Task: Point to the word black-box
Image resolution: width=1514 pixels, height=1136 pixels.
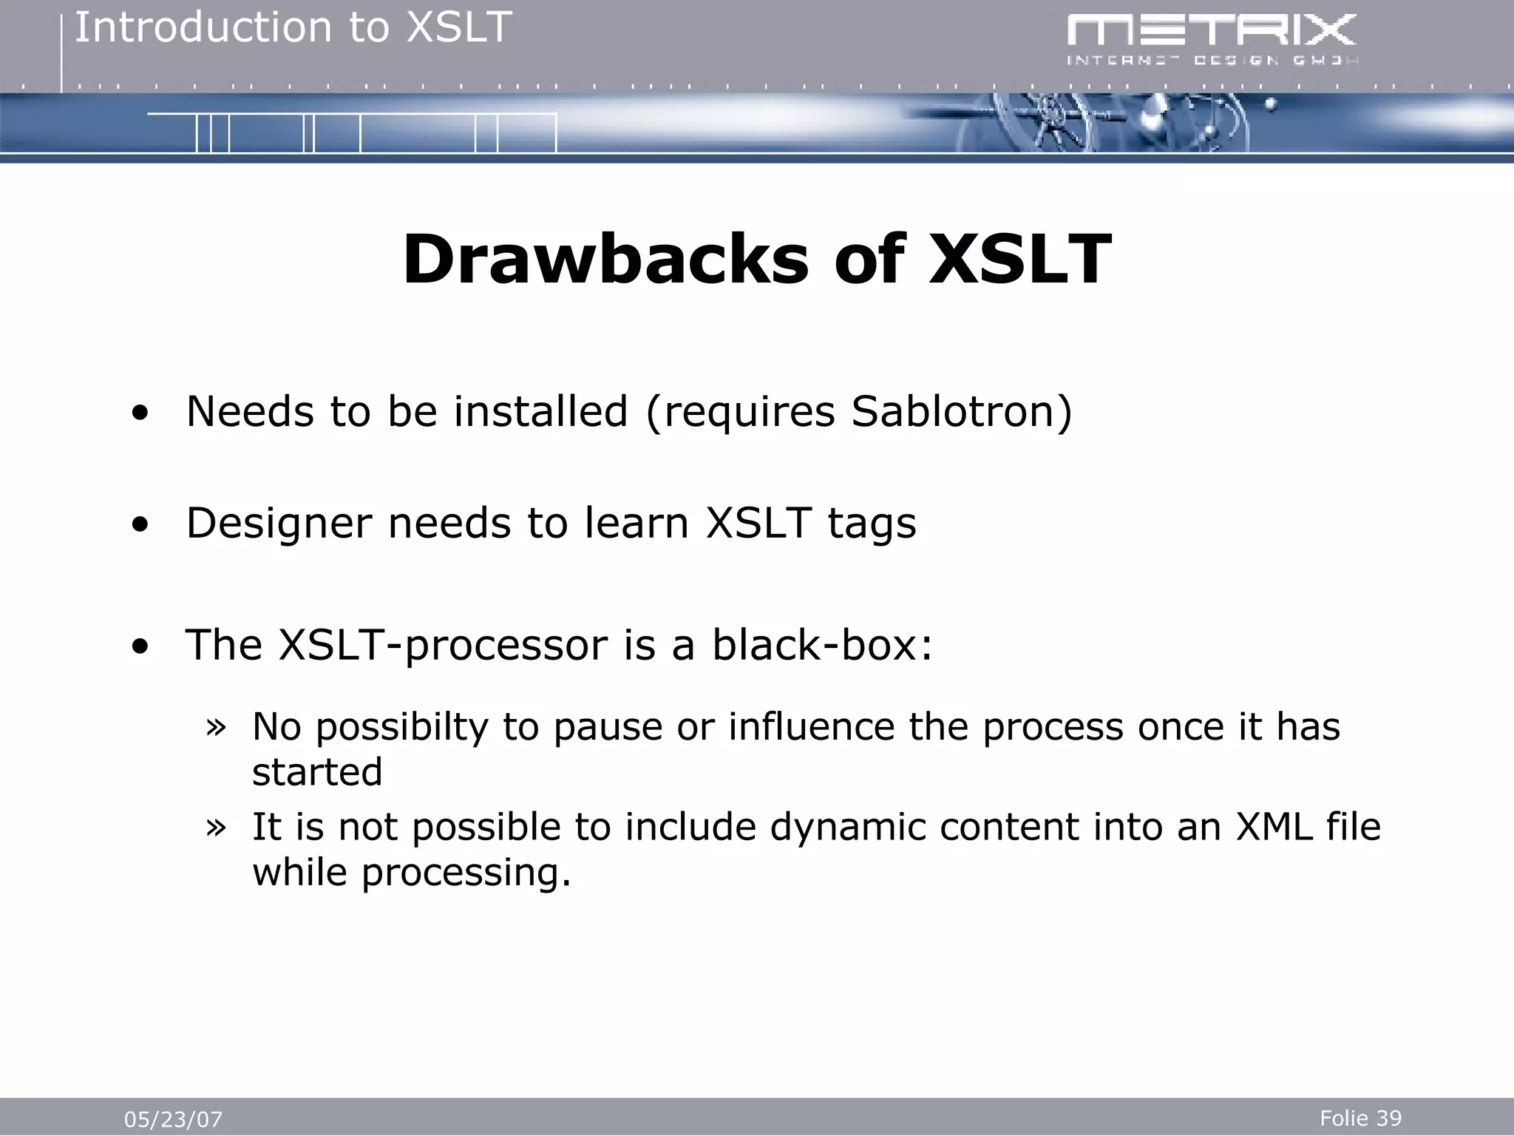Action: (822, 644)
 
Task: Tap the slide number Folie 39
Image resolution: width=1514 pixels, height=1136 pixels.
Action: (1360, 1118)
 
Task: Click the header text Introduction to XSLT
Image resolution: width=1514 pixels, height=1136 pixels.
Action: (293, 28)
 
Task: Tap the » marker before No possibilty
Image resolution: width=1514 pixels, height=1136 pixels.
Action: (216, 726)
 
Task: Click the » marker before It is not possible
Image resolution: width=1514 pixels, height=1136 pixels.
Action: (216, 827)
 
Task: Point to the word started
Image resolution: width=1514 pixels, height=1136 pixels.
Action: (317, 772)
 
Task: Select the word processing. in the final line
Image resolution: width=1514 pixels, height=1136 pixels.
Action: (466, 873)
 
